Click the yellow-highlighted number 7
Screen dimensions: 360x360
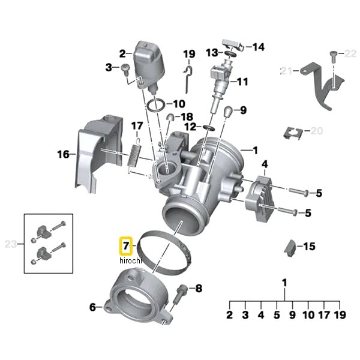point(126,246)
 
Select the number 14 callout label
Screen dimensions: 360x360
point(258,47)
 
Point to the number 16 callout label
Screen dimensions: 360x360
point(64,154)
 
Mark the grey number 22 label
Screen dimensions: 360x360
point(350,54)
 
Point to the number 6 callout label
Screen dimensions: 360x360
point(92,307)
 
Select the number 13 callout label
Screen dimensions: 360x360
point(211,53)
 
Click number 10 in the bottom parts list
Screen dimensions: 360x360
point(308,314)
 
